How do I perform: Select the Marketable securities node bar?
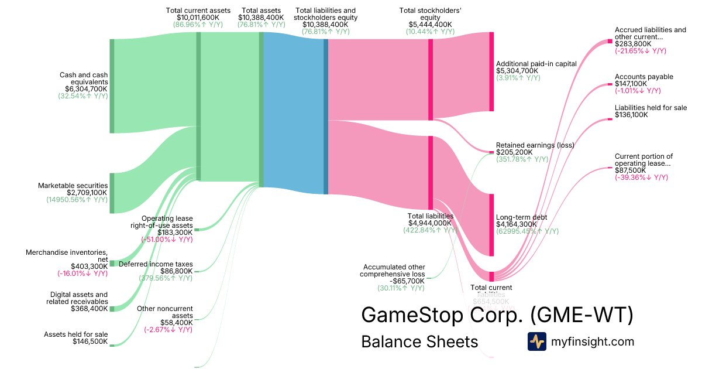click(112, 193)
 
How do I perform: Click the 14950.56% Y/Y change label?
click(77, 200)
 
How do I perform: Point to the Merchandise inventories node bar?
click(112, 264)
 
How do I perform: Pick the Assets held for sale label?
click(76, 334)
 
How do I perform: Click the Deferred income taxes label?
click(156, 264)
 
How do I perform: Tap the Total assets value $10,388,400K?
click(261, 18)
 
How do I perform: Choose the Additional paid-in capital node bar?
click(491, 71)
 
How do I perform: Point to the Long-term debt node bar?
click(491, 225)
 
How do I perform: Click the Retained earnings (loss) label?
click(535, 145)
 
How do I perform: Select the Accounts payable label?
click(643, 77)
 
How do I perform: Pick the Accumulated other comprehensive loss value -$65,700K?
click(403, 281)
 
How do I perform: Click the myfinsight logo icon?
click(536, 341)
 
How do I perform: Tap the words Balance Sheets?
click(419, 341)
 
